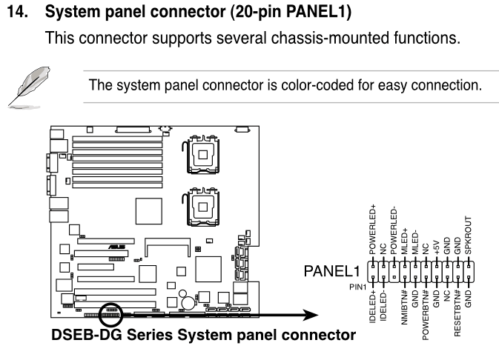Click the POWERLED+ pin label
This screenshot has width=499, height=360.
pyautogui.click(x=372, y=230)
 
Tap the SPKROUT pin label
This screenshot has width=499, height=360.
pyautogui.click(x=468, y=236)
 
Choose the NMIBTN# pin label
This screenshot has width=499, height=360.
pyautogui.click(x=404, y=307)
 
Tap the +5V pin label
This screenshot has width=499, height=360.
pyautogui.click(x=436, y=247)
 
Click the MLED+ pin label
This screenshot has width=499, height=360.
pyautogui.click(x=404, y=241)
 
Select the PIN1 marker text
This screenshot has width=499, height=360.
pyautogui.click(x=357, y=287)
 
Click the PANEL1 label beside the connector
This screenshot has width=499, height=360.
pyautogui.click(x=331, y=271)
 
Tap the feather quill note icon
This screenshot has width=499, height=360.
pyautogui.click(x=29, y=87)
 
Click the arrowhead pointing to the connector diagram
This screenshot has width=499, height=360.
pyautogui.click(x=310, y=315)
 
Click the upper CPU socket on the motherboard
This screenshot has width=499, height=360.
pyautogui.click(x=202, y=155)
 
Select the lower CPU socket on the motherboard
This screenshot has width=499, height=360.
pyautogui.click(x=202, y=207)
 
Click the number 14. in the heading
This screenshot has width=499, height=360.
pyautogui.click(x=18, y=12)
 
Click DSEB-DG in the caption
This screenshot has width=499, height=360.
pyautogui.click(x=87, y=335)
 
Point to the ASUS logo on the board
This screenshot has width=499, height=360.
pyautogui.click(x=117, y=247)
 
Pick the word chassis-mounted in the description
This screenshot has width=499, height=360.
pyautogui.click(x=331, y=38)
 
